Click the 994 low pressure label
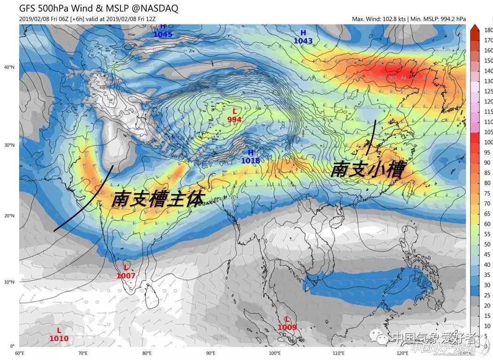[234, 120]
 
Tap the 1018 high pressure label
[250, 160]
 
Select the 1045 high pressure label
[163, 34]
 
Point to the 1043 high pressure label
[303, 41]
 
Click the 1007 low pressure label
[126, 276]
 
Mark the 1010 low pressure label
[59, 338]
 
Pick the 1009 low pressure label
[287, 327]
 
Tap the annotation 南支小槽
[367, 169]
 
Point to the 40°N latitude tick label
[9, 67]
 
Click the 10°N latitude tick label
[9, 282]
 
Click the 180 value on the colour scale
[487, 30]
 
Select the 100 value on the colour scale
[487, 142]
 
